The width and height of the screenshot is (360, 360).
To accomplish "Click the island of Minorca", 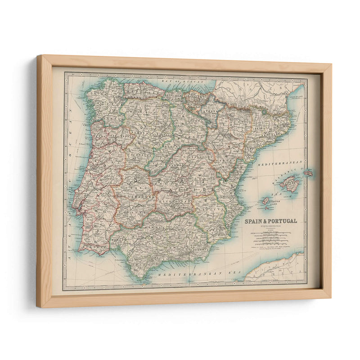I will tap(308, 173).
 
